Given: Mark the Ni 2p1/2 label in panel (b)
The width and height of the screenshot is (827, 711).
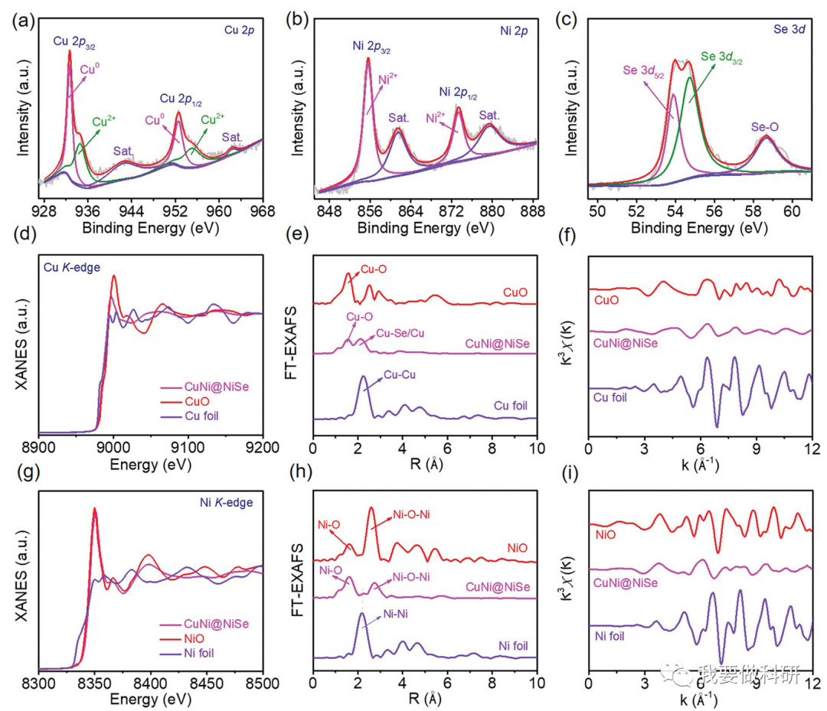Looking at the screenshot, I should [457, 93].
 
